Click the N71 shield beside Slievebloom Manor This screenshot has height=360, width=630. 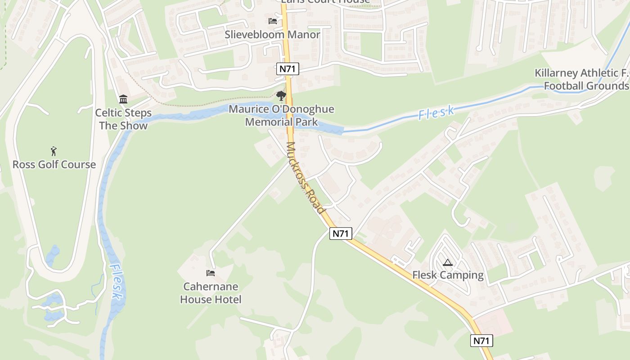click(288, 69)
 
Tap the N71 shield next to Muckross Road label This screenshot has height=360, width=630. click(341, 234)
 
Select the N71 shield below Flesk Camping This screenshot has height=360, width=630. click(481, 341)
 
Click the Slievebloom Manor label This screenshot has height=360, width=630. click(273, 35)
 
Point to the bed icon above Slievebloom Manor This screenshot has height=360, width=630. click(272, 21)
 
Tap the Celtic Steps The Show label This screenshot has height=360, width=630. click(123, 119)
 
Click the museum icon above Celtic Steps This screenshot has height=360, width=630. click(123, 99)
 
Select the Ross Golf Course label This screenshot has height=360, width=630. click(54, 165)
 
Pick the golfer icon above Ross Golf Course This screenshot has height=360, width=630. click(54, 151)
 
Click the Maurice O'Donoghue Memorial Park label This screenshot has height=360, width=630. click(281, 116)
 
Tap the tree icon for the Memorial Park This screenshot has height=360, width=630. click(281, 96)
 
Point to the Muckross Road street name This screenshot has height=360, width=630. click(305, 178)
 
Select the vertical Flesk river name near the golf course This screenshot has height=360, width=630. click(115, 281)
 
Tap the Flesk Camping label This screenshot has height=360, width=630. click(448, 275)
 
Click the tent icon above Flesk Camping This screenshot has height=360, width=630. click(447, 263)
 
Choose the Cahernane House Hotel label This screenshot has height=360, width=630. click(211, 293)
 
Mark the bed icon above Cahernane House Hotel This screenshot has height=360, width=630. click(210, 273)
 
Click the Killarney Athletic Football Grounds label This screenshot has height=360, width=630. click(582, 80)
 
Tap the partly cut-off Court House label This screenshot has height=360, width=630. click(325, 2)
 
